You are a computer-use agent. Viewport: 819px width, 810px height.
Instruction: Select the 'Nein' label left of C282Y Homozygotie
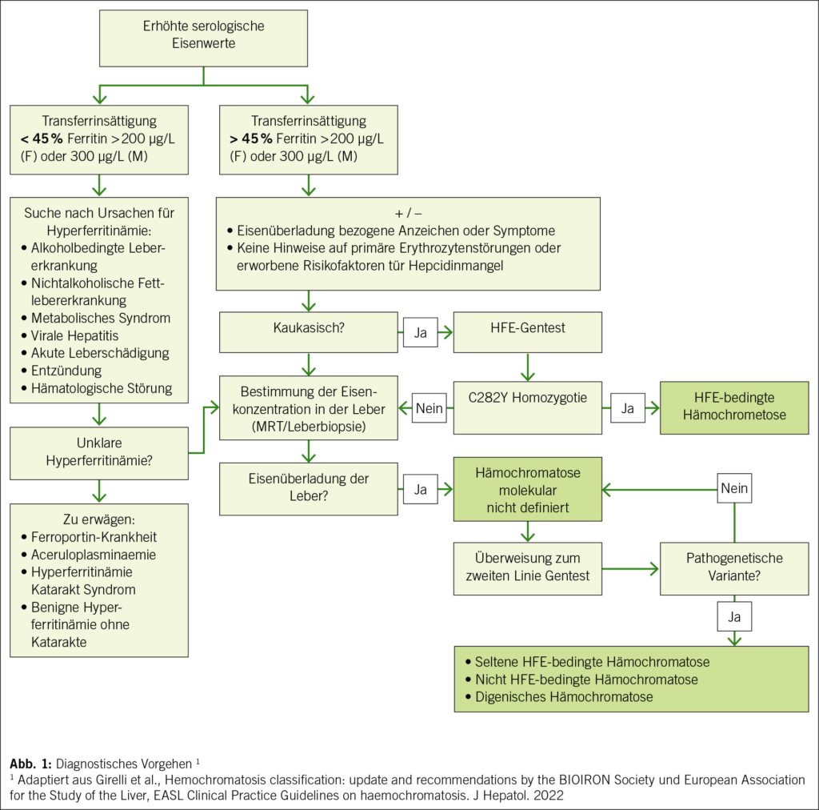click(x=429, y=408)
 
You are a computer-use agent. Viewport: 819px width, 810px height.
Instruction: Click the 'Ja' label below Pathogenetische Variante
click(x=734, y=616)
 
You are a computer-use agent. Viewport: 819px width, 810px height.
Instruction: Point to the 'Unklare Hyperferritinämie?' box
click(x=98, y=453)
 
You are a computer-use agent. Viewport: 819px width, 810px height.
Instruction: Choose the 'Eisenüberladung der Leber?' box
click(x=307, y=488)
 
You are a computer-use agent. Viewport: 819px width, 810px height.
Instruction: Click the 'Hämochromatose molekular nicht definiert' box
click(x=527, y=488)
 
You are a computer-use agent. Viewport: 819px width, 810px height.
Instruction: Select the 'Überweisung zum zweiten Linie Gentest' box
click(x=527, y=568)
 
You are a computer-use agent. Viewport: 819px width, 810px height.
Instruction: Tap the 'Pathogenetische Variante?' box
click(x=733, y=568)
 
